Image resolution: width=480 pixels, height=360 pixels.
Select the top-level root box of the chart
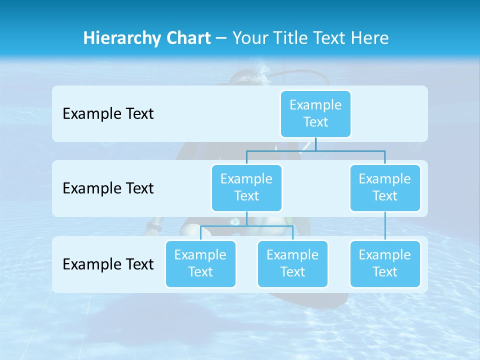315,113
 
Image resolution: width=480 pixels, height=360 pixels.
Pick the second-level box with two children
246,187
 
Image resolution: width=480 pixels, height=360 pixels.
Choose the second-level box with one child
385,187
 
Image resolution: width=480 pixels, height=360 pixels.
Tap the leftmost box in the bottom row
200,263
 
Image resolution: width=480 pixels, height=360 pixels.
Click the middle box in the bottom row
292,263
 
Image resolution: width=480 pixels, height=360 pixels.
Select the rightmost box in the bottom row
385,263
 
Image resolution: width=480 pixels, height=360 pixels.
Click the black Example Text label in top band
108,114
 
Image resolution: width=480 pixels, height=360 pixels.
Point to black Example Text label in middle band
108,188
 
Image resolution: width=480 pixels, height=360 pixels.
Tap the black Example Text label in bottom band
108,264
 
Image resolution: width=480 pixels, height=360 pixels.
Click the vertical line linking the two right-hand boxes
385,225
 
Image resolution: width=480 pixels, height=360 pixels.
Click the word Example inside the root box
315,105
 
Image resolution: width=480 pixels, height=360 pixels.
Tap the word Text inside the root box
315,122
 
